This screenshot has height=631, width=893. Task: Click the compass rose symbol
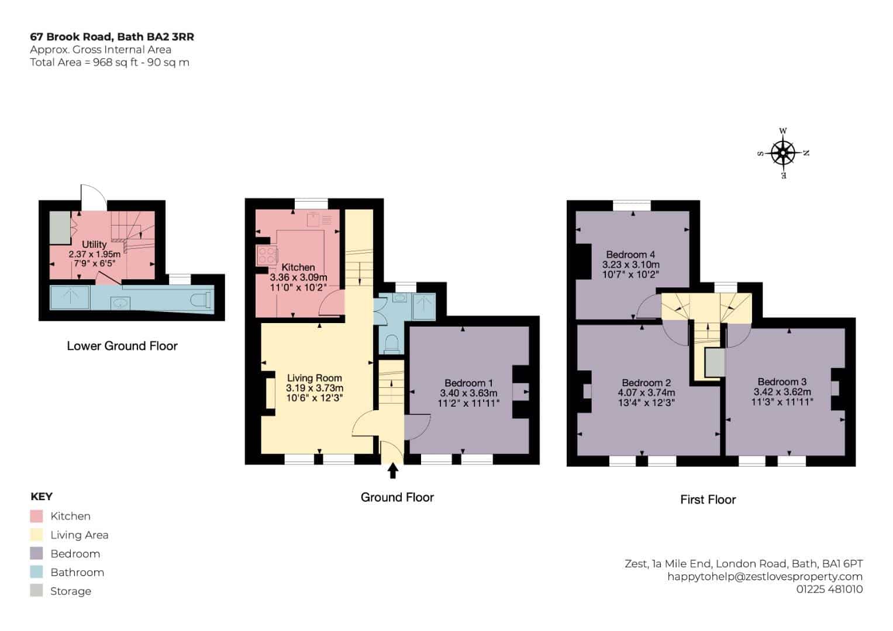784,153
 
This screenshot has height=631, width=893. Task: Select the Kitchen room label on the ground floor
298,268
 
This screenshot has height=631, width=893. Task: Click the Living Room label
315,377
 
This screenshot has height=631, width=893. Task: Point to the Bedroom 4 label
630,254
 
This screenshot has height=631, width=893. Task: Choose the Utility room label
94,244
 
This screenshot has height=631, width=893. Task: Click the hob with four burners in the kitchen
267,255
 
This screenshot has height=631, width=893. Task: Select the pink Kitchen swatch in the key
36,516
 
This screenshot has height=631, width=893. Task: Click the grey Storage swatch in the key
36,590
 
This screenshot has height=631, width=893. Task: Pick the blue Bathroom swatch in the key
36,572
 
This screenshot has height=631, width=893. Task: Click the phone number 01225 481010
830,589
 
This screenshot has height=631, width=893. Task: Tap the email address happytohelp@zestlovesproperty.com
765,577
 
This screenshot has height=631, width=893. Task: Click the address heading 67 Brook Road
71,37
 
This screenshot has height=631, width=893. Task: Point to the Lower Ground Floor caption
122,346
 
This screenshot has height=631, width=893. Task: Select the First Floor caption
708,500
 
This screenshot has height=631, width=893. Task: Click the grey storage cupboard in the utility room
60,227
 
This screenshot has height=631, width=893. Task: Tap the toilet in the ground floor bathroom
392,345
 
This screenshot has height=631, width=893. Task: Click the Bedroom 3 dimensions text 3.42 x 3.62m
782,392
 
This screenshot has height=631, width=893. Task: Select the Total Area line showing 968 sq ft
109,63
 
